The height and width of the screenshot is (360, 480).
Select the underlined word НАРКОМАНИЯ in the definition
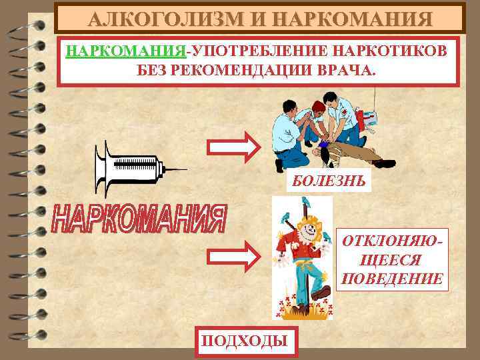pos(126,52)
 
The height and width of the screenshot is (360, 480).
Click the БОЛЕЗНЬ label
pos(319,181)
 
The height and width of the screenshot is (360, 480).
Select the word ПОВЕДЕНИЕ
pos(391,278)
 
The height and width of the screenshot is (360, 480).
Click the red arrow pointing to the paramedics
pos(233,147)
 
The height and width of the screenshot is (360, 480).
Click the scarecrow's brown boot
pos(321,291)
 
